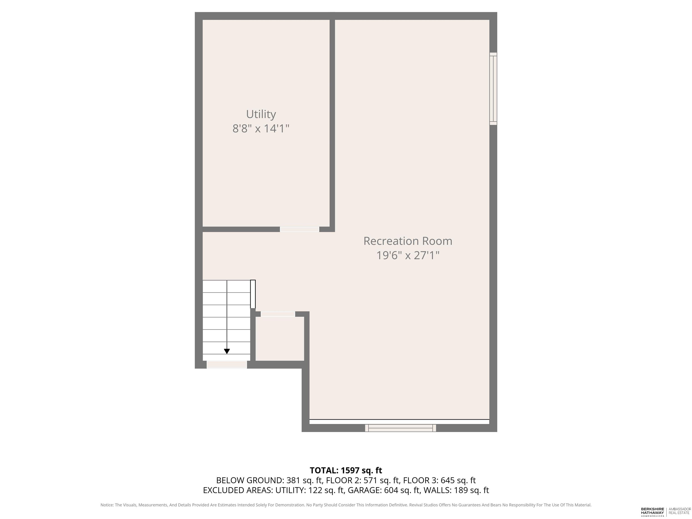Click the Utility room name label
pyautogui.click(x=261, y=114)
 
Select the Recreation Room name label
pyautogui.click(x=408, y=241)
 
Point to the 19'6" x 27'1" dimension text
pyautogui.click(x=408, y=255)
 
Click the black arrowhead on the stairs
pyautogui.click(x=227, y=351)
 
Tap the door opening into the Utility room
pyautogui.click(x=299, y=229)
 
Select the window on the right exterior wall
pyautogui.click(x=493, y=89)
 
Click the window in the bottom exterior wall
pyautogui.click(x=401, y=428)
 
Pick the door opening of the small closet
pyautogui.click(x=278, y=314)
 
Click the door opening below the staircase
pyautogui.click(x=227, y=364)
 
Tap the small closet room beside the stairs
pyautogui.click(x=280, y=339)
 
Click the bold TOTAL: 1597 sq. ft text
pyautogui.click(x=346, y=471)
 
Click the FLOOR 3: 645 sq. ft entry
pyautogui.click(x=439, y=480)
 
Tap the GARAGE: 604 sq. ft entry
pyautogui.click(x=384, y=490)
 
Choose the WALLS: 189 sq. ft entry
pyautogui.click(x=456, y=490)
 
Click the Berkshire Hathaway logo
pyautogui.click(x=652, y=512)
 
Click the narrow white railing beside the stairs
pyautogui.click(x=253, y=294)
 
